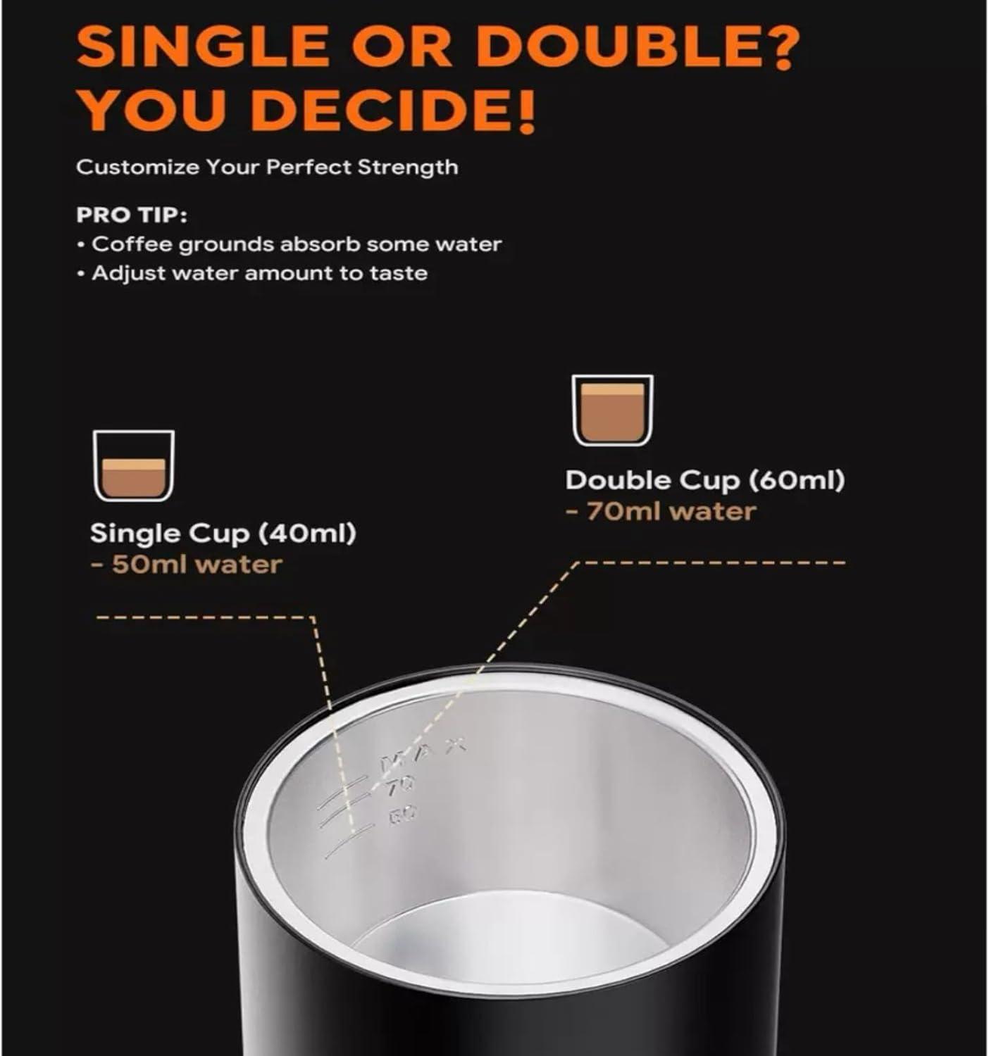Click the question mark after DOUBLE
click(776, 47)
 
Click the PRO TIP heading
click(132, 215)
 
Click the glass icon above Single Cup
click(134, 465)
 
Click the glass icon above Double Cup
click(612, 410)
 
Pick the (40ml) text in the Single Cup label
click(308, 534)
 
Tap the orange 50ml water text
click(187, 565)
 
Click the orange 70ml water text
click(661, 511)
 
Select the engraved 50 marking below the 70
click(402, 813)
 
